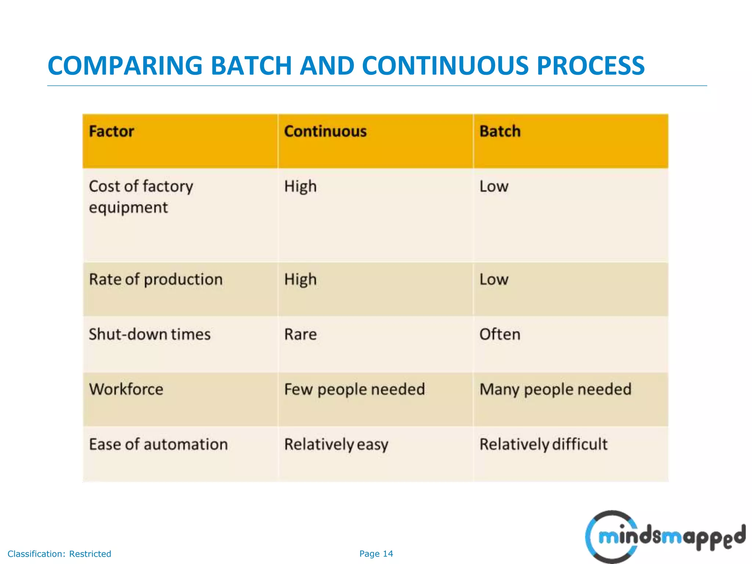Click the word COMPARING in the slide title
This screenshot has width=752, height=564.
click(x=125, y=66)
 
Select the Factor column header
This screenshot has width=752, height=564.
click(x=111, y=131)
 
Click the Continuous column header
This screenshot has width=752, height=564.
click(x=325, y=131)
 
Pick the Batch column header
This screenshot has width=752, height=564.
click(x=500, y=131)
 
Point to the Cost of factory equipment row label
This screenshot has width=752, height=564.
click(x=141, y=197)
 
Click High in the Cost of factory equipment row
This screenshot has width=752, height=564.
click(x=300, y=187)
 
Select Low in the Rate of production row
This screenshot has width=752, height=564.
click(x=494, y=280)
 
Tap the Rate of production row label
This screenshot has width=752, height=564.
click(x=156, y=280)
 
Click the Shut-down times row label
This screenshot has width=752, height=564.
click(x=150, y=335)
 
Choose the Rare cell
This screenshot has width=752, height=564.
click(x=300, y=335)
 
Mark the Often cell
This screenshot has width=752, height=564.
click(x=500, y=335)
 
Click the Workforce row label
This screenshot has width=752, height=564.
click(x=126, y=389)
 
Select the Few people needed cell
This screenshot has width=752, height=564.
click(x=354, y=389)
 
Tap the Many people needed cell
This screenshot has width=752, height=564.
click(x=555, y=389)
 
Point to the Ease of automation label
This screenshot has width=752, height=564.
click(x=158, y=444)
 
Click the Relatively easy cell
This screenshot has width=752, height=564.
click(x=336, y=444)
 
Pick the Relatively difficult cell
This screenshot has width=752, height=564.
click(x=543, y=444)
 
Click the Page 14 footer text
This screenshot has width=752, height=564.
click(x=376, y=554)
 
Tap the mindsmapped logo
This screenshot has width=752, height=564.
click(x=665, y=537)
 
